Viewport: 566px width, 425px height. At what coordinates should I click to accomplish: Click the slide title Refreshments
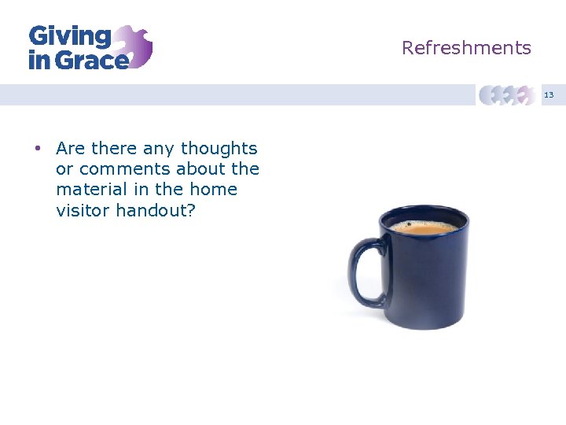[466, 48]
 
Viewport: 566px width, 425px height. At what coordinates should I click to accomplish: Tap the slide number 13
[549, 95]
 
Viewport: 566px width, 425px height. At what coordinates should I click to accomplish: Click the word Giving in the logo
[70, 36]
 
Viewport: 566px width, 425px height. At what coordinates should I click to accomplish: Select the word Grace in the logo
[90, 60]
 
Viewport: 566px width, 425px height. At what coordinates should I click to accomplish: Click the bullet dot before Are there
[37, 149]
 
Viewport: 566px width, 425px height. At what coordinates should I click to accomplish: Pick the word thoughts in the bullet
[219, 148]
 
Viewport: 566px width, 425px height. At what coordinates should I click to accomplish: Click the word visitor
[83, 210]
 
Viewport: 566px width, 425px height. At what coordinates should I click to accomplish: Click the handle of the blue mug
[364, 272]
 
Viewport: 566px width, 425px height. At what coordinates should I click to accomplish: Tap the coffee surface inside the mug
[424, 228]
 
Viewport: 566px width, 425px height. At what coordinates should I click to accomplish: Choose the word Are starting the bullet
[71, 148]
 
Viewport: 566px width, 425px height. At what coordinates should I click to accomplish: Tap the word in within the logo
[38, 60]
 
